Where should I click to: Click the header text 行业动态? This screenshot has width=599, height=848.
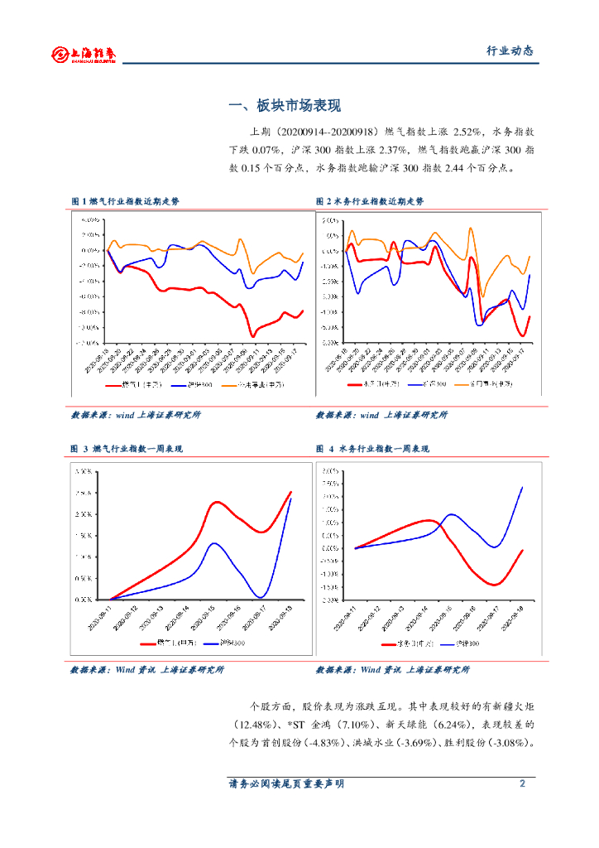tap(509, 51)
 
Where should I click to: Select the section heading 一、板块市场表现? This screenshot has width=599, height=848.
tap(285, 106)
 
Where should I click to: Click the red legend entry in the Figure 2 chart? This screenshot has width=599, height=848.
tap(364, 385)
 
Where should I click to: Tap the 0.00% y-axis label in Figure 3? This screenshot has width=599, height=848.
tap(84, 600)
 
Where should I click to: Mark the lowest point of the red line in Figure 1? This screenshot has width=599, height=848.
tap(253, 335)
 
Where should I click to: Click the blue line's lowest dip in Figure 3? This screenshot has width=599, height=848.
tap(261, 596)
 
